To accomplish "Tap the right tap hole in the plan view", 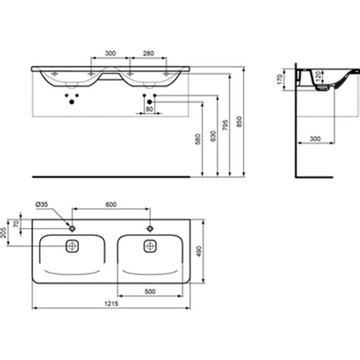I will pyautogui.click(x=150, y=228).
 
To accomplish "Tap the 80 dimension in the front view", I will pyautogui.click(x=148, y=109).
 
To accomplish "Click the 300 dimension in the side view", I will pyautogui.click(x=313, y=138).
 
